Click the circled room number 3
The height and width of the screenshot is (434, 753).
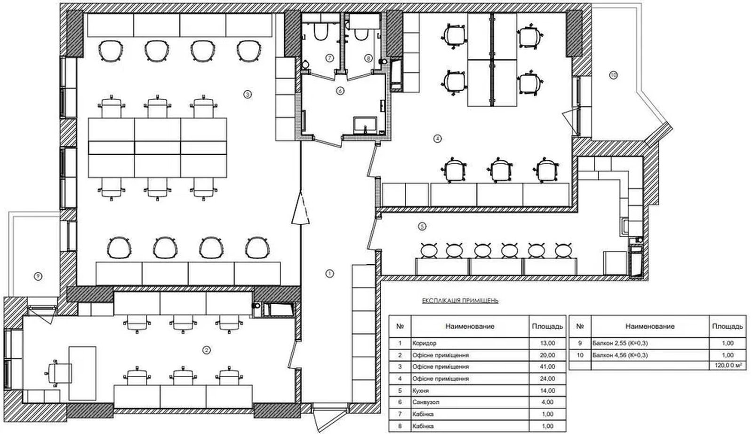(x=248, y=95)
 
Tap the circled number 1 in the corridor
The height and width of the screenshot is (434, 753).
(x=330, y=274)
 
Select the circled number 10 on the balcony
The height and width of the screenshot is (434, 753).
(x=614, y=75)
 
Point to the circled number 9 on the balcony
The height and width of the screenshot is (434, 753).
(x=38, y=276)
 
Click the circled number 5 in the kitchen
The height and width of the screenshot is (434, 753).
(x=422, y=227)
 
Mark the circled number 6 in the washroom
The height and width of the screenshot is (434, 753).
(x=340, y=91)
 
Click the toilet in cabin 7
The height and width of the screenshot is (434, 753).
(x=320, y=32)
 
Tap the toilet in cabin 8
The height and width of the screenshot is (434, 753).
(x=360, y=34)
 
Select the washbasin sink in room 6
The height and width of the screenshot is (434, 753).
(x=365, y=125)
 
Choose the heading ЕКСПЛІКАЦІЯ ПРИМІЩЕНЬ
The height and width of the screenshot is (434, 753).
(x=460, y=300)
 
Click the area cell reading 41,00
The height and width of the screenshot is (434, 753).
(x=547, y=367)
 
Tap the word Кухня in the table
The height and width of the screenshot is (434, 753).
(x=421, y=391)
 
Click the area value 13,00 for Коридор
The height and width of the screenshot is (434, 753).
(x=547, y=343)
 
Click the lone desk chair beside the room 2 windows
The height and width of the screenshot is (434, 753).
(x=58, y=373)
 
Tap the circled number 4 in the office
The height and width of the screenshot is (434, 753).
(x=437, y=138)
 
